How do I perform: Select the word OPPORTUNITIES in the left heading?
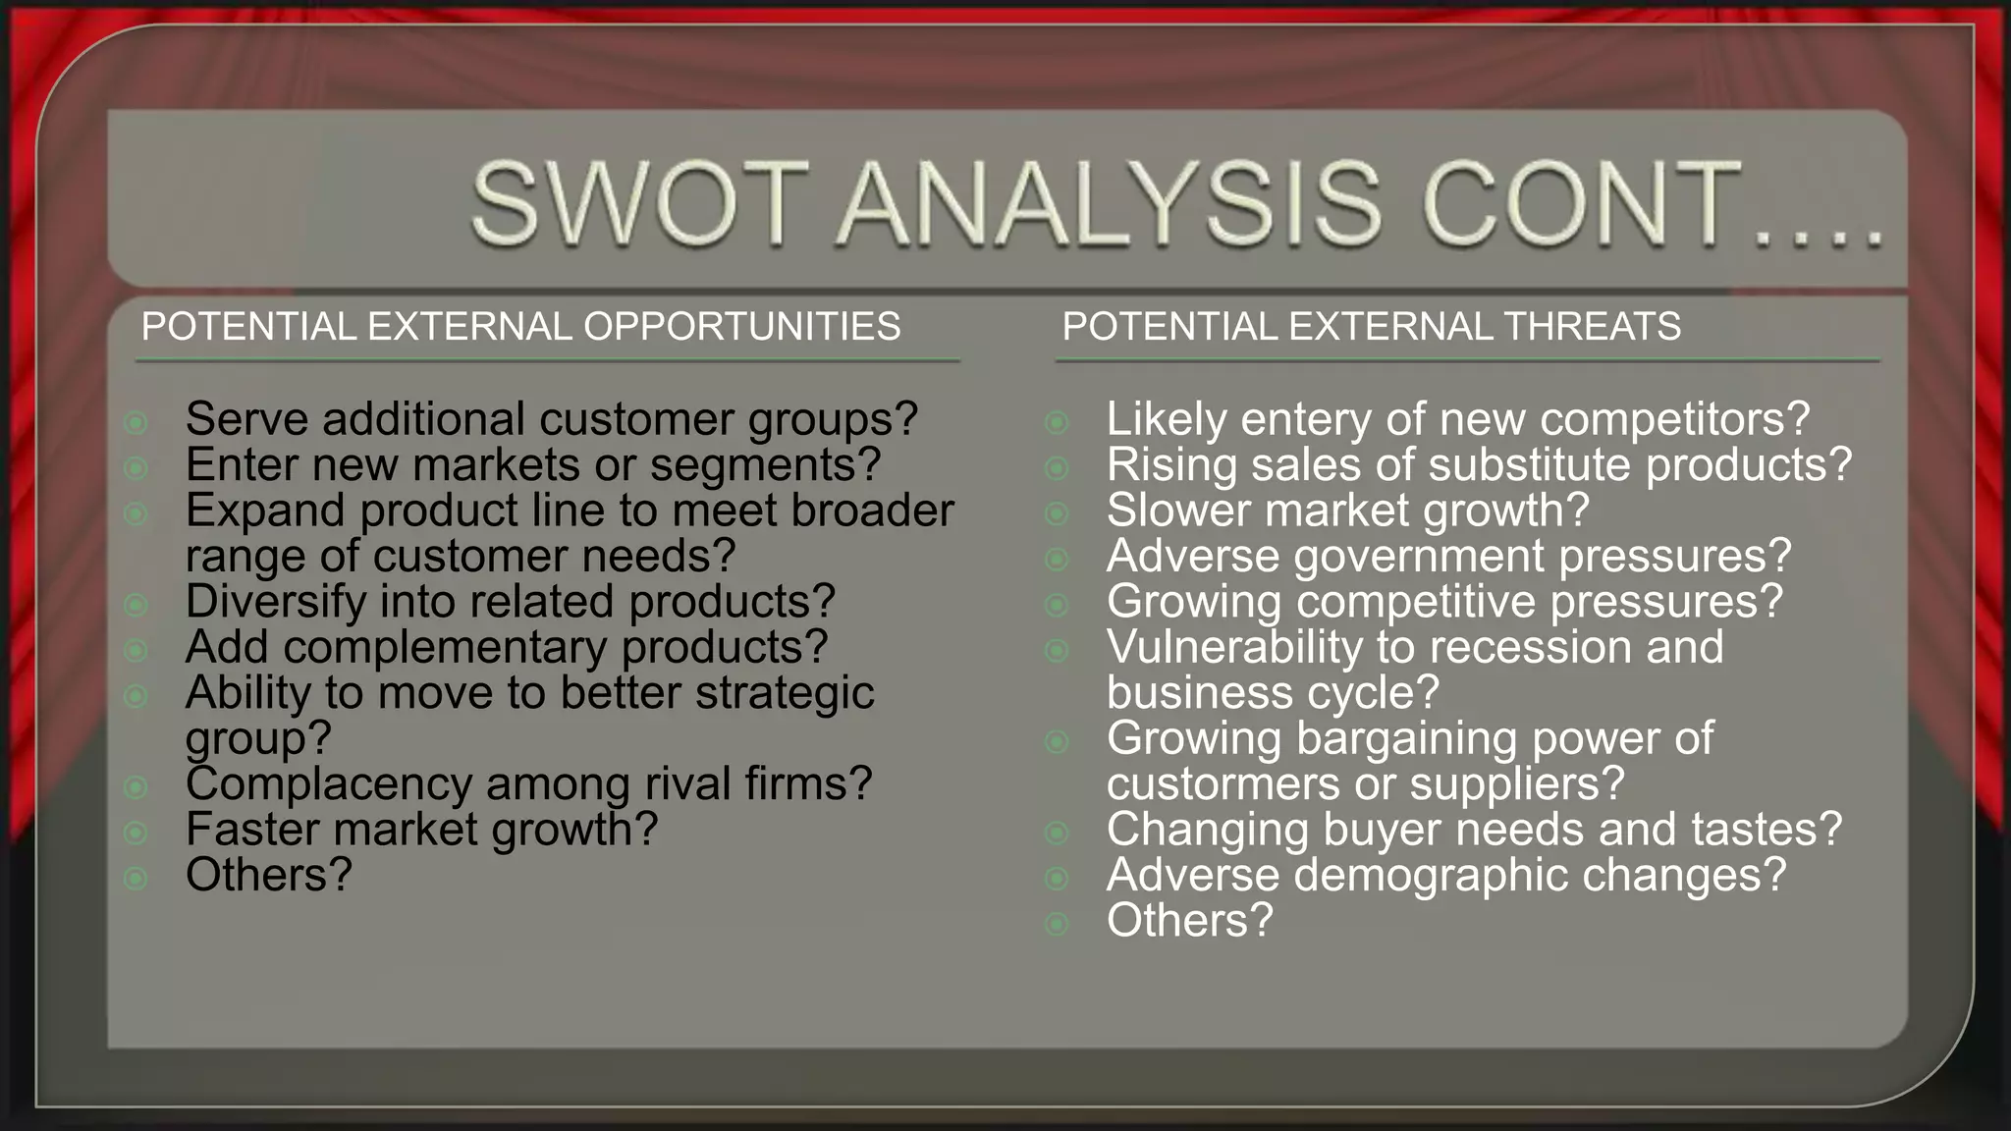point(741,326)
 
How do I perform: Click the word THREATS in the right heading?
point(1592,326)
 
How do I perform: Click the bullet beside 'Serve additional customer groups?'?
point(136,423)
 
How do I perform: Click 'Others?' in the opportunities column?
point(268,875)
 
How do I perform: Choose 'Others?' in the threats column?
point(1189,921)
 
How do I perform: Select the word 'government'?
point(1420,557)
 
